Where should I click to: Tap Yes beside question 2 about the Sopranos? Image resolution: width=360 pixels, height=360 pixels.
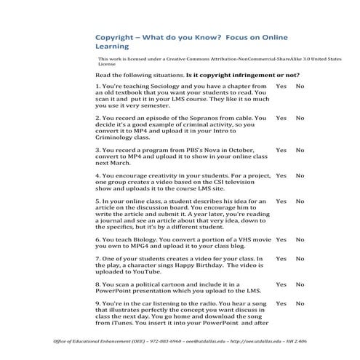281,118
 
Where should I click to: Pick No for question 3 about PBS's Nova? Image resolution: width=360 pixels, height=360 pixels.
300,150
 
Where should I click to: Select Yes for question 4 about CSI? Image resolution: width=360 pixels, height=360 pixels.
281,176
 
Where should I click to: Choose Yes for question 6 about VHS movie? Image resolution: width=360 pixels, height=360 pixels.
281,239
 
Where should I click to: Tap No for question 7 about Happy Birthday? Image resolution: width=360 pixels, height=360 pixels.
300,258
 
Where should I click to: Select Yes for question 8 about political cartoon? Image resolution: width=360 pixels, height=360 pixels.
281,284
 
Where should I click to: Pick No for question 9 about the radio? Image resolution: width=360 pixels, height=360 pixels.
300,304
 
